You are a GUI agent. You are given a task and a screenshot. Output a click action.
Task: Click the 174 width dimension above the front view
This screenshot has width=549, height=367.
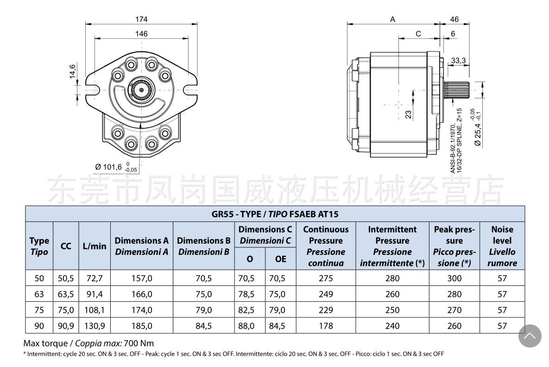point(141,19)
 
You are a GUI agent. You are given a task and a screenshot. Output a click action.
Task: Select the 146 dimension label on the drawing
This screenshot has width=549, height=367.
point(141,34)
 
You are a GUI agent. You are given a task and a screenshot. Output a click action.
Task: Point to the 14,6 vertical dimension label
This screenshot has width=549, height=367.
point(73,71)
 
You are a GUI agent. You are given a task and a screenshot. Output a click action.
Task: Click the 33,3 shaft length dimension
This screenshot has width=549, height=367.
point(458,61)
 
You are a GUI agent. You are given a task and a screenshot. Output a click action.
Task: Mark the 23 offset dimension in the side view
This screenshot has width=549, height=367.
point(408,114)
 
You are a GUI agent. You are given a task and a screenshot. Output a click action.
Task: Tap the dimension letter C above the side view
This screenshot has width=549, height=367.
point(418,34)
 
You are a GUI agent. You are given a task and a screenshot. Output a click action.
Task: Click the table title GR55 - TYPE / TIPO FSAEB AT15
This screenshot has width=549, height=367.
point(275,214)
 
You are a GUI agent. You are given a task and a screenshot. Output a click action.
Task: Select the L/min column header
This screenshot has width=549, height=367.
point(95,247)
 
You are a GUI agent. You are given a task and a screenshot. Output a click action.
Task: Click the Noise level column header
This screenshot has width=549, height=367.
point(502,246)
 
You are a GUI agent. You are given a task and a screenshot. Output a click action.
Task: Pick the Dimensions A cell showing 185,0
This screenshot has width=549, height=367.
point(141,326)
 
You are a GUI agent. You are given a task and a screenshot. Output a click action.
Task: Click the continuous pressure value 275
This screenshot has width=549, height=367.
point(326,278)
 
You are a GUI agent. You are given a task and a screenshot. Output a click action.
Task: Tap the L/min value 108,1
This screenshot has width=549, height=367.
point(95,310)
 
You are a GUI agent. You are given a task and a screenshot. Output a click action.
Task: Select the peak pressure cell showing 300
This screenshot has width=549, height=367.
point(454,278)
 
